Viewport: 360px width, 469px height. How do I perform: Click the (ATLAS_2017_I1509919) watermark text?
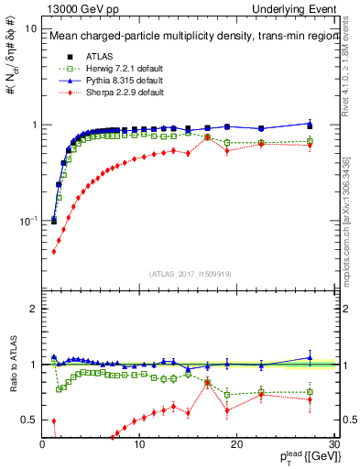pos(190,273)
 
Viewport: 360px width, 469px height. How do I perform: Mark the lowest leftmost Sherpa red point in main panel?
pos(53,251)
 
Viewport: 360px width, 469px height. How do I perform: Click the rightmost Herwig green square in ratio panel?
pos(310,392)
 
